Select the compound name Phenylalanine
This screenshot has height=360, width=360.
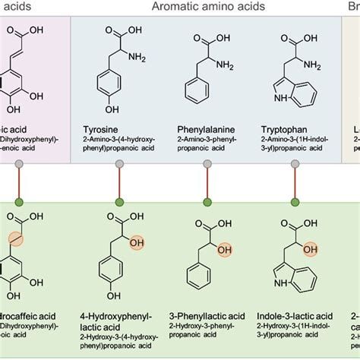pos(206,130)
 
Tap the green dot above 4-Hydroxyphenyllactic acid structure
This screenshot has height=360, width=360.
pos(119,202)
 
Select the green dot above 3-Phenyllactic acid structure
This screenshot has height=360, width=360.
pos(207,202)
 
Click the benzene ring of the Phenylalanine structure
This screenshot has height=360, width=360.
pos(197,96)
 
